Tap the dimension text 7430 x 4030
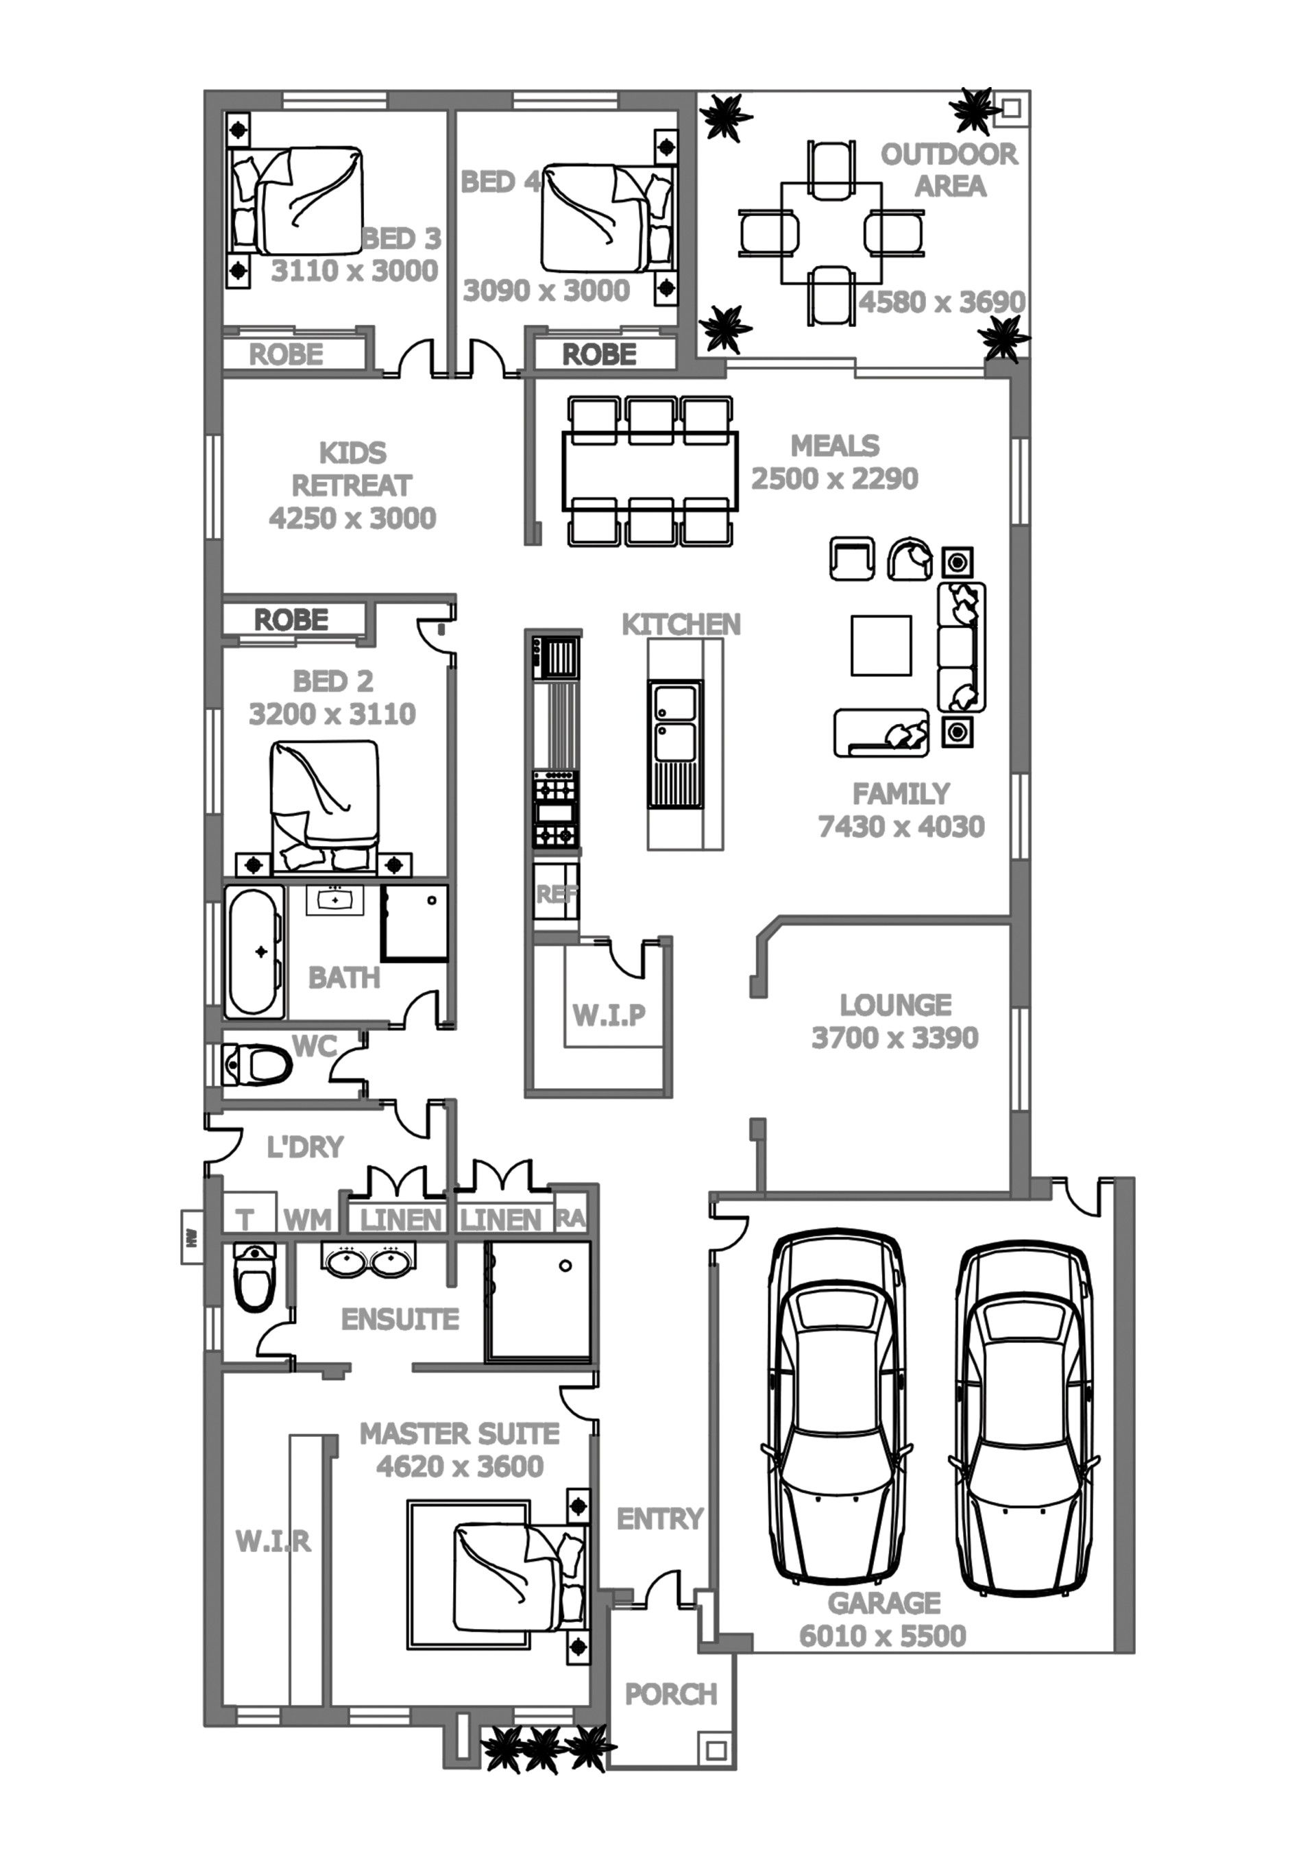click(x=901, y=826)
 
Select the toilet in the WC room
click(x=257, y=1064)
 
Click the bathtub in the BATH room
click(x=254, y=952)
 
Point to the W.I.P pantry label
click(x=609, y=1015)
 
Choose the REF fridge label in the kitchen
click(x=557, y=895)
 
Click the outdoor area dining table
click(x=831, y=233)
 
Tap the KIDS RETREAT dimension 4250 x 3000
click(x=353, y=518)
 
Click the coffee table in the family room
click(x=881, y=646)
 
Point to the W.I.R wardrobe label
click(x=273, y=1541)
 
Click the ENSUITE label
click(x=400, y=1320)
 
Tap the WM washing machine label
click(x=307, y=1219)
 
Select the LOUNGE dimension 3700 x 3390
click(x=895, y=1037)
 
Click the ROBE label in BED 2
click(x=291, y=620)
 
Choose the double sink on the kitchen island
click(x=674, y=744)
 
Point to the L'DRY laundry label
click(x=305, y=1147)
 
